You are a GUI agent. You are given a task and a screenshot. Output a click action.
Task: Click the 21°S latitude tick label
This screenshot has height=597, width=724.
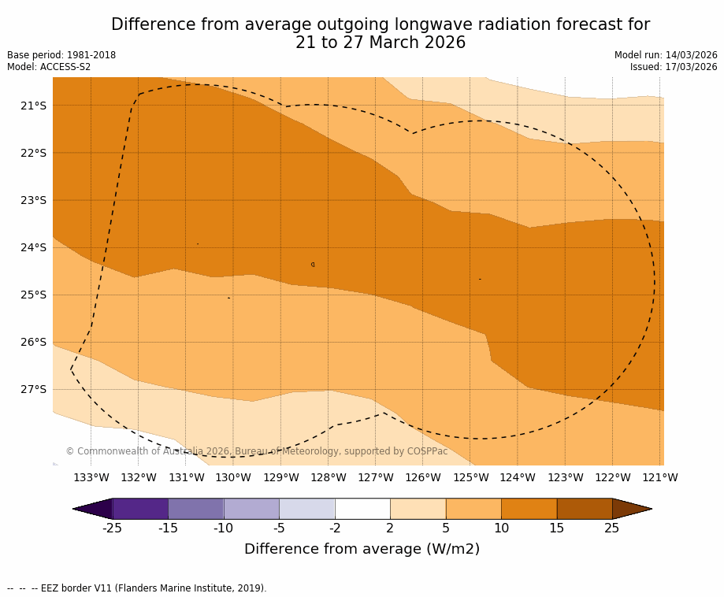(33, 106)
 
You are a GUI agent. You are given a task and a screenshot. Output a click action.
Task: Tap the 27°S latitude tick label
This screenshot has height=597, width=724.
(33, 389)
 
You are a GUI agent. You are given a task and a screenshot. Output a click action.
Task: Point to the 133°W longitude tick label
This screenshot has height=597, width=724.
(91, 477)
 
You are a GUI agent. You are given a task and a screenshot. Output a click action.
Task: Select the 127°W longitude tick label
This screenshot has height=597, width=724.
(375, 477)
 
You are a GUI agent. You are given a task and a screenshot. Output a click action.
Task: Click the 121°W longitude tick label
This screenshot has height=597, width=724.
(659, 477)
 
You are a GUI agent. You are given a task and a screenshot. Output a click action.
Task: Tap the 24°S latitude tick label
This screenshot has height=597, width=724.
(33, 247)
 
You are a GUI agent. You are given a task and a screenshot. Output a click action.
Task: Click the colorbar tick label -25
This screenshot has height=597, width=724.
(113, 528)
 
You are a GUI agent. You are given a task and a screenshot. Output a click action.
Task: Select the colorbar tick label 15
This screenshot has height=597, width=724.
(556, 528)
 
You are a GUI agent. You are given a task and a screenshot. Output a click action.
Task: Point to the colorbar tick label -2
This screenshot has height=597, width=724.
(335, 528)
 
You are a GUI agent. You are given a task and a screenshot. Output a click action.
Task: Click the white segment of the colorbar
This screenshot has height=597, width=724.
(362, 509)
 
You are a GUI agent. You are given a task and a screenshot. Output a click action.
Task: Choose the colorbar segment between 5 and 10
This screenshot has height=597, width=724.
(473, 509)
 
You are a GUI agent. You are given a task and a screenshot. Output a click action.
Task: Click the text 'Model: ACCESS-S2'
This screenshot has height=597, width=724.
(49, 67)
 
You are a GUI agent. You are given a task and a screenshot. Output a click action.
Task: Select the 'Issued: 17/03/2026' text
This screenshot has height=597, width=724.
(674, 67)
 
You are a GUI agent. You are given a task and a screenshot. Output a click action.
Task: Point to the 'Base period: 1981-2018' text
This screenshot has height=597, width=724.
(61, 55)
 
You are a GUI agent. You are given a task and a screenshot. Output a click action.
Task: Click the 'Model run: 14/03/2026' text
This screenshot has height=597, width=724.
(666, 55)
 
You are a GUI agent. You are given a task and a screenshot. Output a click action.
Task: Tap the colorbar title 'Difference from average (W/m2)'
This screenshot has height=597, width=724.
(362, 550)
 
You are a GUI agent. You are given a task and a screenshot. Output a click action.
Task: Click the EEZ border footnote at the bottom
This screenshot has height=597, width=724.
(137, 588)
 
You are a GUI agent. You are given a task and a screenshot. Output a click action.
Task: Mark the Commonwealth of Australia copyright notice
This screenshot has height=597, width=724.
(257, 451)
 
